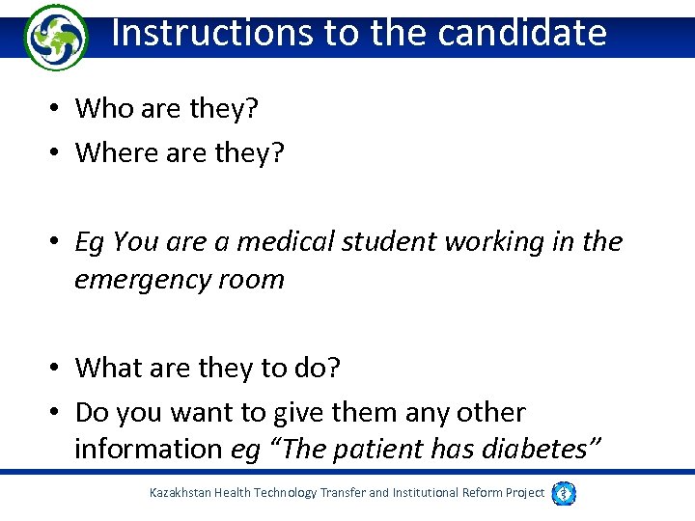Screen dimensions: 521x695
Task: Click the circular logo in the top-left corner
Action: (x=54, y=37)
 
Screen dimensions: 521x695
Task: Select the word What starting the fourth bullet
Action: (x=108, y=368)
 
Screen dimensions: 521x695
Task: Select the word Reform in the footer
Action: (x=478, y=493)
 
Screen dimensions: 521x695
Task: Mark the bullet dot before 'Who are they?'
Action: (x=59, y=109)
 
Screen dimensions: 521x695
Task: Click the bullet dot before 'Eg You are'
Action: (x=59, y=242)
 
